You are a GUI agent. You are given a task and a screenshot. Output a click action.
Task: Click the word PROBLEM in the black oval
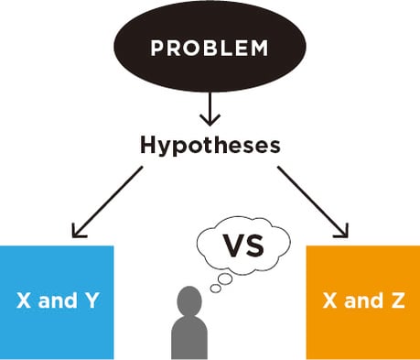point(210,47)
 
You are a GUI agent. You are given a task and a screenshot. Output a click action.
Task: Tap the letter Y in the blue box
point(90,300)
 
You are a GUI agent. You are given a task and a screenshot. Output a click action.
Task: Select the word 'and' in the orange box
point(362,301)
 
